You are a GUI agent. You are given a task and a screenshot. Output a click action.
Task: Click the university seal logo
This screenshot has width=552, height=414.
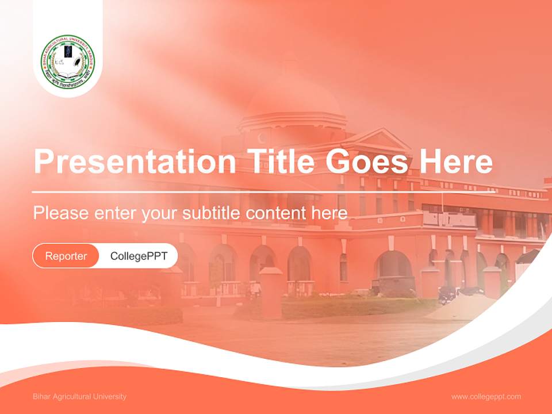[68, 63]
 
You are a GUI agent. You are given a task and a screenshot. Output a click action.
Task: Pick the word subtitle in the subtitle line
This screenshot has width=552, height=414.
[211, 213]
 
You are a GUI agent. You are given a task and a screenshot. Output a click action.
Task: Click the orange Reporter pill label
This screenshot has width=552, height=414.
[66, 256]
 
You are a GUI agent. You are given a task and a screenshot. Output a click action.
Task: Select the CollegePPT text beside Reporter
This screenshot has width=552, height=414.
[139, 256]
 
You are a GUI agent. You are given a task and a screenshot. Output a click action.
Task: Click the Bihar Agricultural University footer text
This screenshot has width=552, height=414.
[79, 397]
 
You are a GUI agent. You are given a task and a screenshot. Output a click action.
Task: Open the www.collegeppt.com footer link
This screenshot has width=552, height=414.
[486, 397]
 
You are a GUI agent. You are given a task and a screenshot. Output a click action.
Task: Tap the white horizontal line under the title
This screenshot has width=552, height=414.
[230, 192]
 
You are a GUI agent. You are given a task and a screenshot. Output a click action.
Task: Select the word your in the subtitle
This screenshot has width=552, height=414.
[160, 213]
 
